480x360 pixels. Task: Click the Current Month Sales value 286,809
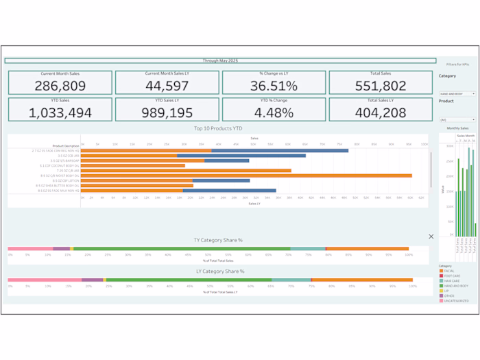coord(60,86)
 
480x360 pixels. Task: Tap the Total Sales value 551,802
coord(381,86)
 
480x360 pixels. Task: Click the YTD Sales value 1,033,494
coord(60,113)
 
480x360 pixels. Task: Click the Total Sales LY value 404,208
coord(381,113)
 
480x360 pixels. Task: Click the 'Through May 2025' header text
coord(220,60)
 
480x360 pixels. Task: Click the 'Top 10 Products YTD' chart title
coord(218,128)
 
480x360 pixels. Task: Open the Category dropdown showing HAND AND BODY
coord(457,94)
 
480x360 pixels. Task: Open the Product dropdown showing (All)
coord(457,119)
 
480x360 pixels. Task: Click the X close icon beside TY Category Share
coord(431,236)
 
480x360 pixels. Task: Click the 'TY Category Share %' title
coord(218,241)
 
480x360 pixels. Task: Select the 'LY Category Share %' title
coord(218,272)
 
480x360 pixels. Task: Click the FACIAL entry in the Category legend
coord(449,271)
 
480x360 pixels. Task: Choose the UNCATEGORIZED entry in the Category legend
coord(456,300)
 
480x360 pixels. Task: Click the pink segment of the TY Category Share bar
coord(30,249)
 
